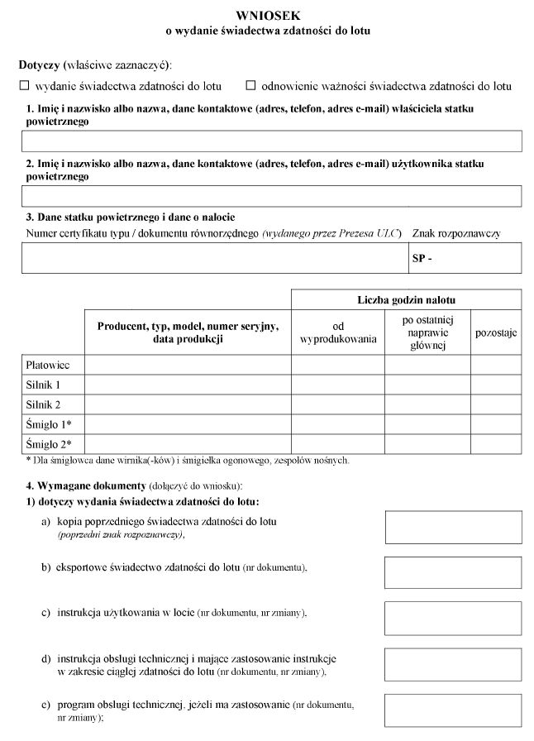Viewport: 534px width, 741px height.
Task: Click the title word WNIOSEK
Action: coord(268,15)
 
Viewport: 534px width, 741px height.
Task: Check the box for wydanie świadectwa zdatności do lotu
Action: coord(24,85)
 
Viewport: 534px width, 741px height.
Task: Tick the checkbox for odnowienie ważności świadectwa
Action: coord(251,85)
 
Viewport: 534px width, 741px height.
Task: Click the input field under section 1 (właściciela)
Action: coord(271,141)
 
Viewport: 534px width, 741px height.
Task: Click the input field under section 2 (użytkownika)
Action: coord(271,195)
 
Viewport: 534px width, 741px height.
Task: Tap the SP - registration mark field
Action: coord(465,258)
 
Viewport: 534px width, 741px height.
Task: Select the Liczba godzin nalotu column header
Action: coord(406,299)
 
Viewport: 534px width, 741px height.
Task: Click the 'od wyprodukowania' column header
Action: coord(337,332)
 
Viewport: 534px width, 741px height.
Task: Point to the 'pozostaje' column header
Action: coord(495,332)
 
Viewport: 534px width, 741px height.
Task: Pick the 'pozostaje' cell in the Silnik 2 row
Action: coord(495,404)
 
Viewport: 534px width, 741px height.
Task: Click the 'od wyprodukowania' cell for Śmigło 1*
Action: coord(337,424)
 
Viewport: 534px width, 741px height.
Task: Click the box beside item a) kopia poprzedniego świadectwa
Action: coord(453,527)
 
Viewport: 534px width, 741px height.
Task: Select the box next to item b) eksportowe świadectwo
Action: coord(453,572)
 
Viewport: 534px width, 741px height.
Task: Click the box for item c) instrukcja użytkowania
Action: coord(453,618)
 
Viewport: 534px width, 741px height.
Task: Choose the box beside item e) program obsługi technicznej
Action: coord(453,710)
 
